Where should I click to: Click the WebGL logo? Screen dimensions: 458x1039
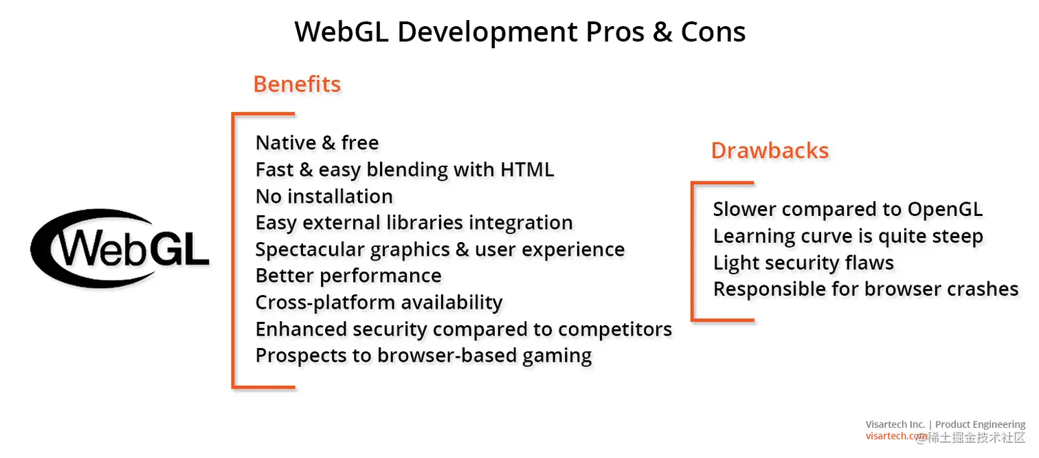pyautogui.click(x=120, y=248)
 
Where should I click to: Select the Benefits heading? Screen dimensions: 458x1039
pyautogui.click(x=297, y=84)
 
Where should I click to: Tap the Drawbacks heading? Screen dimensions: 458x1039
pyautogui.click(x=770, y=151)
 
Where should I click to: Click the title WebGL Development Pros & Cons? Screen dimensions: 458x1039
pyautogui.click(x=519, y=32)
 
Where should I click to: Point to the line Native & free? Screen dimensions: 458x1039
pyautogui.click(x=317, y=142)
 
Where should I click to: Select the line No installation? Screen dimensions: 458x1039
pyautogui.click(x=324, y=196)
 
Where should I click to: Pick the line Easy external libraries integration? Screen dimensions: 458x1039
pyautogui.click(x=414, y=223)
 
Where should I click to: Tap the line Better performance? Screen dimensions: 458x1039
pyautogui.click(x=348, y=276)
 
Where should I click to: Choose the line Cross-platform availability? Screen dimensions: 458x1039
pyautogui.click(x=379, y=303)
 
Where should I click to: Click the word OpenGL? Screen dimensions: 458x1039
pyautogui.click(x=945, y=209)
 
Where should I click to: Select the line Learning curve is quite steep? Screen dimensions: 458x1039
pyautogui.click(x=848, y=236)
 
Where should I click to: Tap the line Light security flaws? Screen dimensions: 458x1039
pyautogui.click(x=803, y=263)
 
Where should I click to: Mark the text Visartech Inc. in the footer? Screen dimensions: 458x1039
pyautogui.click(x=895, y=424)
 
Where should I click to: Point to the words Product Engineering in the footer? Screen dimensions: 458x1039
pyautogui.click(x=980, y=424)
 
